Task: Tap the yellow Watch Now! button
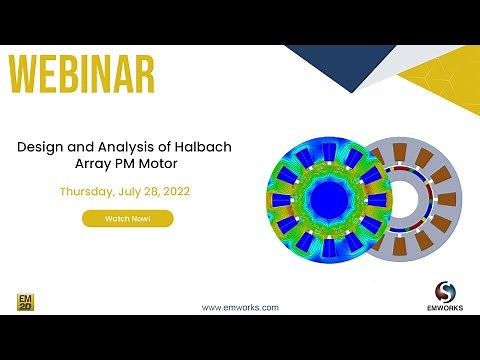(127, 218)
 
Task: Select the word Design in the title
(41, 146)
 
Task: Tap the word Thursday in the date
(89, 190)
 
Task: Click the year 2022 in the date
(174, 190)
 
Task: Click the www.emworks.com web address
(240, 307)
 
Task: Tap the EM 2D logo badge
(25, 301)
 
